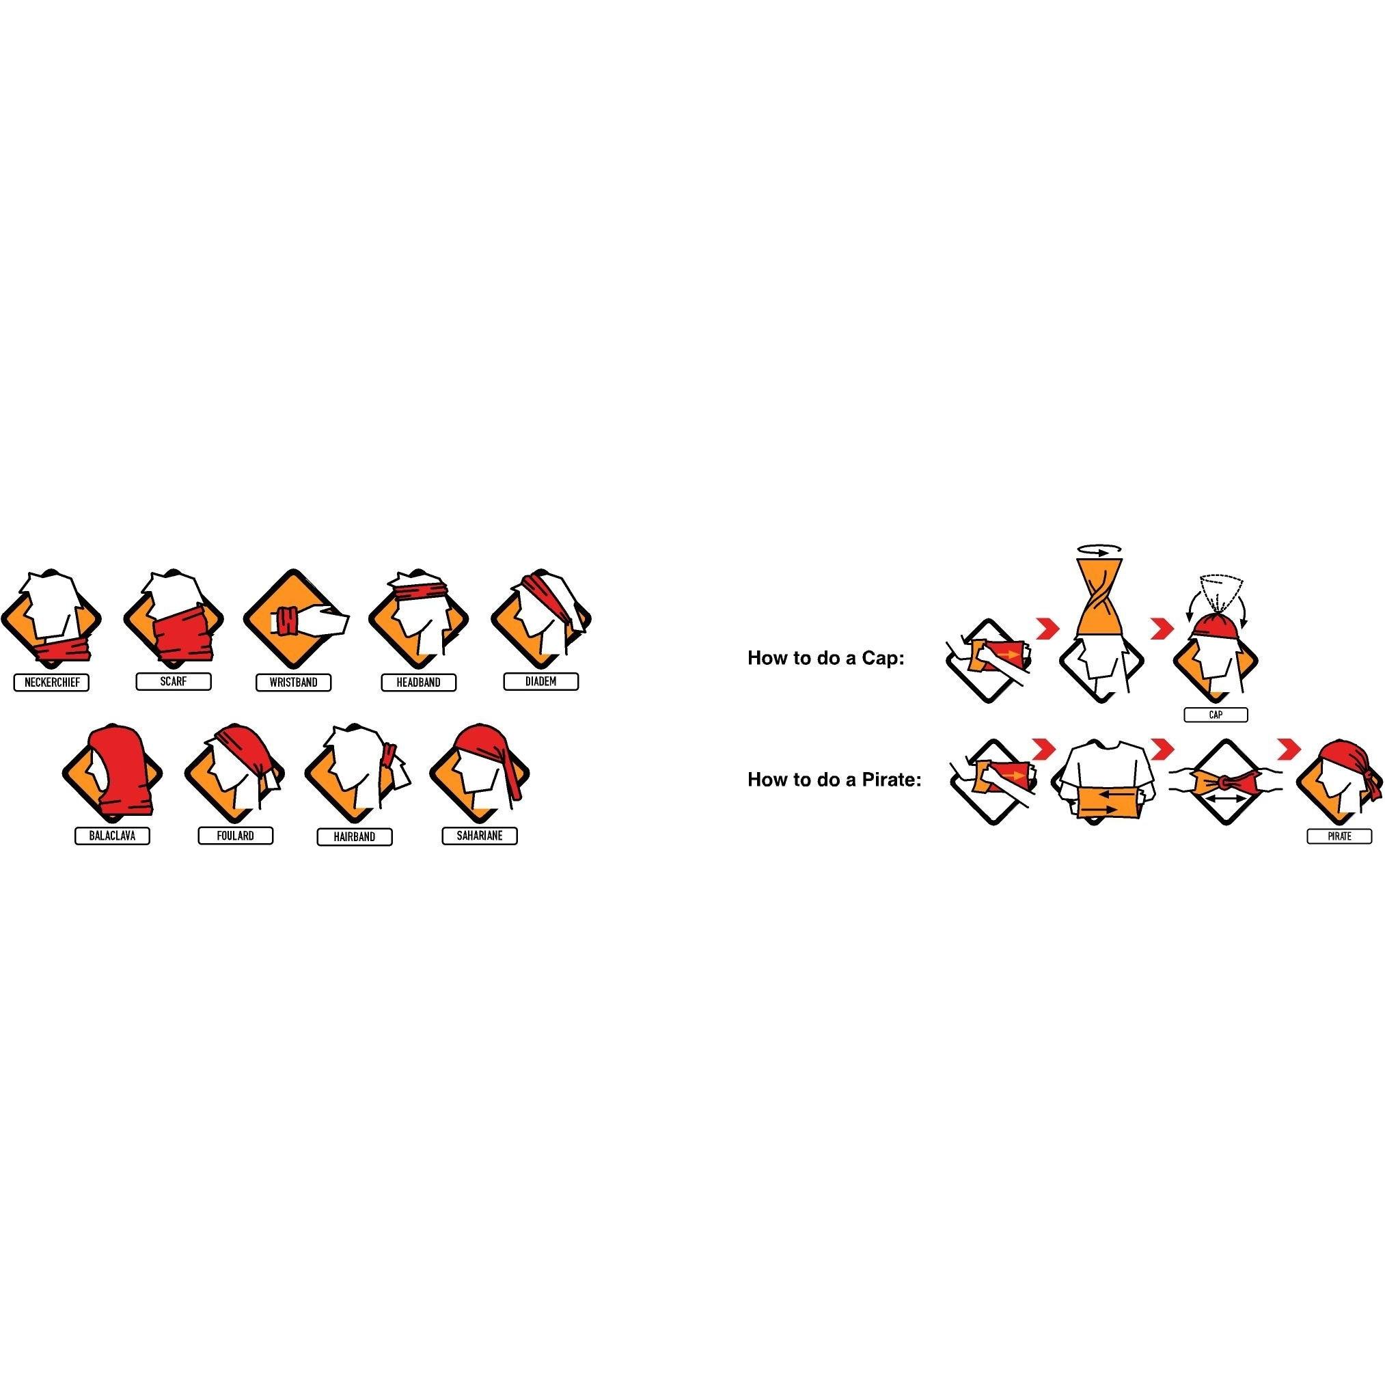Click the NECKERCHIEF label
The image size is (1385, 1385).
click(52, 683)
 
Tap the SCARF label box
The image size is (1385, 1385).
click(174, 682)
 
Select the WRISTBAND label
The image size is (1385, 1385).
click(293, 683)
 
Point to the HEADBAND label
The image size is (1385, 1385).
click(419, 683)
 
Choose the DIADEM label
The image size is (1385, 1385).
click(540, 681)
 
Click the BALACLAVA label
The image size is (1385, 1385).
click(113, 836)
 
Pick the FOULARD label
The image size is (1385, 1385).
click(235, 836)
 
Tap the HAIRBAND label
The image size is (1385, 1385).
click(355, 836)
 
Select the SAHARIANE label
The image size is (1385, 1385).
click(480, 836)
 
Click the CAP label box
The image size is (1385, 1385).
click(1216, 715)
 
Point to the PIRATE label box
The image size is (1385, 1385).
click(1339, 836)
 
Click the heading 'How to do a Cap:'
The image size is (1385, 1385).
click(826, 658)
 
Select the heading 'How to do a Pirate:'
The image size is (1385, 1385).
click(834, 779)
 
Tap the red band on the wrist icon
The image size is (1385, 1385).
click(290, 621)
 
